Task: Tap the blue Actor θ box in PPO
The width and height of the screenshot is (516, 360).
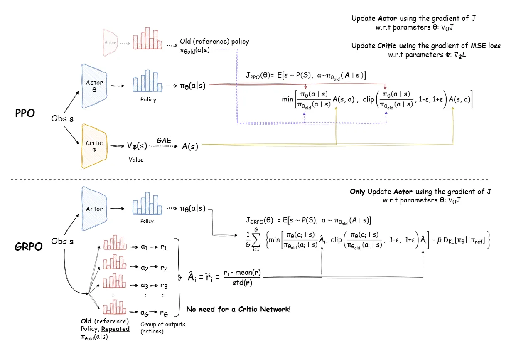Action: tap(94, 86)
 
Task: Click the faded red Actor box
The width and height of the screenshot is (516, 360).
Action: tap(111, 43)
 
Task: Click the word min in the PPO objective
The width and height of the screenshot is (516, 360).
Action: tap(287, 100)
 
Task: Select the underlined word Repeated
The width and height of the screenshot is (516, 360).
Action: tap(116, 328)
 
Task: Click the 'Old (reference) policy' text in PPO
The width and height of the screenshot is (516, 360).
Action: tap(214, 42)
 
